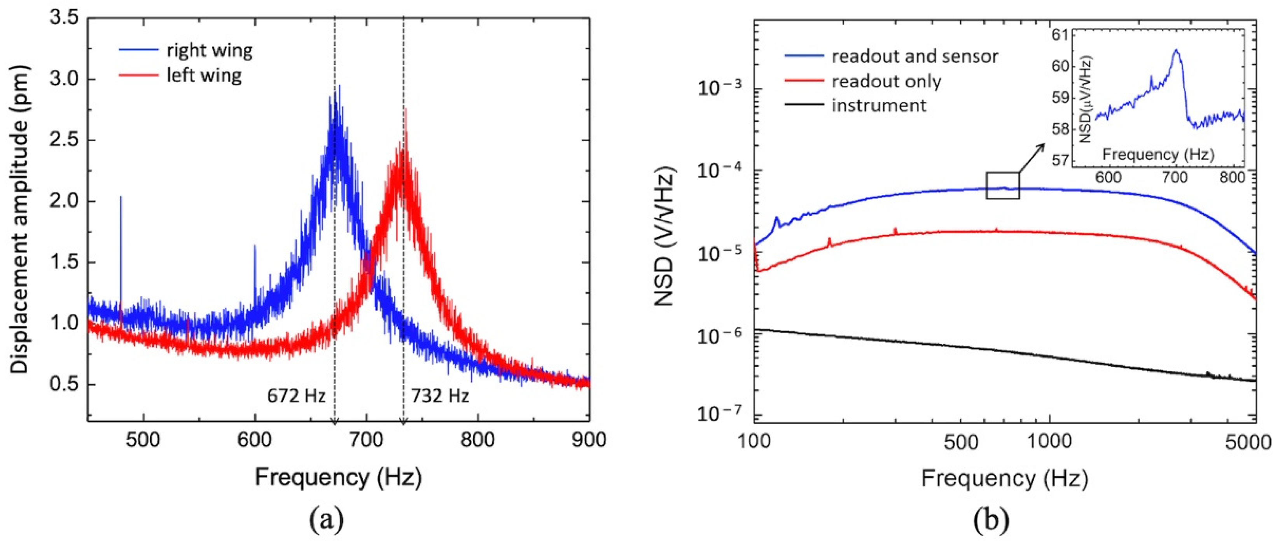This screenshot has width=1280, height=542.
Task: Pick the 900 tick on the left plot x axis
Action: tap(589, 440)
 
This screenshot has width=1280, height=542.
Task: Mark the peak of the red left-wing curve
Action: tap(406, 112)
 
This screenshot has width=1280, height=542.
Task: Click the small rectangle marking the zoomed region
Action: tap(1002, 185)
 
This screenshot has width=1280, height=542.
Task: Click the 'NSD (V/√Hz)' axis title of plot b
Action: tap(665, 238)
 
